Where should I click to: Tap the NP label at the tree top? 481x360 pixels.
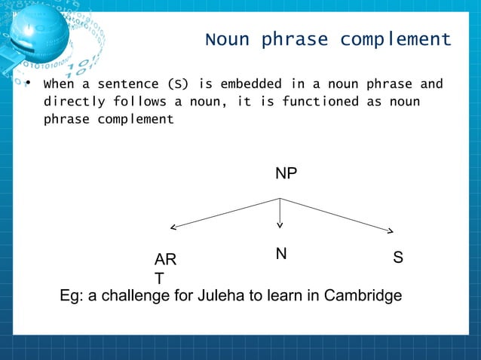(286, 174)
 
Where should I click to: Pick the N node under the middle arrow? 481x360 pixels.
(280, 255)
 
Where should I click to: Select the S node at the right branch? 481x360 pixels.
(398, 258)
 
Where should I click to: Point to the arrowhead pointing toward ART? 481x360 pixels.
(173, 226)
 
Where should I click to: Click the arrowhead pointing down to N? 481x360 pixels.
(280, 224)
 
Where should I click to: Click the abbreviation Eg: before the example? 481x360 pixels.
(72, 296)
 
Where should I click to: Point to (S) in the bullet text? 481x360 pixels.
(178, 84)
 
